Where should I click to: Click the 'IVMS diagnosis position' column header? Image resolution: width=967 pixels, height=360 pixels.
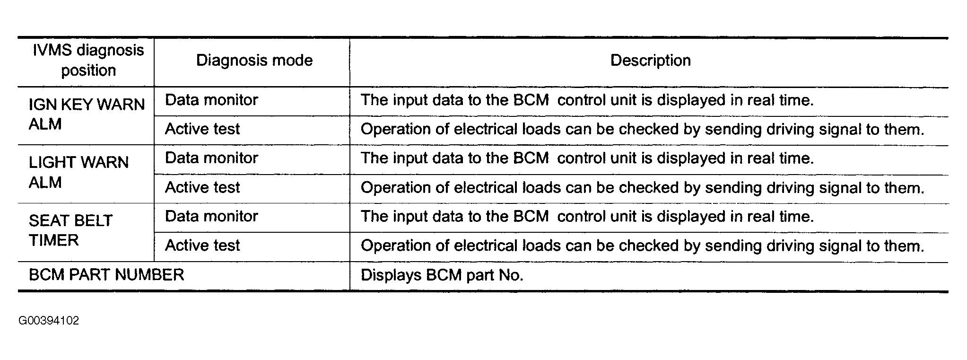pyautogui.click(x=88, y=60)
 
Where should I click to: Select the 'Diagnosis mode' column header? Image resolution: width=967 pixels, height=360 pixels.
pyautogui.click(x=254, y=61)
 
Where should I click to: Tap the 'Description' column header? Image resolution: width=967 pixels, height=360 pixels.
pyautogui.click(x=651, y=61)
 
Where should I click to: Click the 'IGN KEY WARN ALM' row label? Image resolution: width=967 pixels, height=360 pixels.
pyautogui.click(x=87, y=114)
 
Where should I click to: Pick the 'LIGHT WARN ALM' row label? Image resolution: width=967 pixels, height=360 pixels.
pyautogui.click(x=78, y=172)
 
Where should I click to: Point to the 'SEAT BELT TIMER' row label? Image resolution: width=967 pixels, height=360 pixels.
pyautogui.click(x=70, y=230)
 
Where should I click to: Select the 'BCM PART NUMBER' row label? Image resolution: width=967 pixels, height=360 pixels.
pyautogui.click(x=106, y=275)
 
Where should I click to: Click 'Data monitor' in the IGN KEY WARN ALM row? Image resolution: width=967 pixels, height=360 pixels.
pyautogui.click(x=211, y=100)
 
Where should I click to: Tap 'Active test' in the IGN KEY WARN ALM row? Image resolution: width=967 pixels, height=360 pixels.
pyautogui.click(x=202, y=129)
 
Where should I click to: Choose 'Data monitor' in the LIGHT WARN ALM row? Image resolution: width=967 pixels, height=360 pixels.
pyautogui.click(x=211, y=158)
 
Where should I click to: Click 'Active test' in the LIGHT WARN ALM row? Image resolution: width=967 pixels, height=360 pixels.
pyautogui.click(x=202, y=187)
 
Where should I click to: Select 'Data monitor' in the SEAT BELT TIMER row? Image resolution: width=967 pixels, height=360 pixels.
pyautogui.click(x=211, y=216)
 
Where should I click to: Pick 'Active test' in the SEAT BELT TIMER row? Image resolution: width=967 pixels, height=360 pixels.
pyautogui.click(x=202, y=246)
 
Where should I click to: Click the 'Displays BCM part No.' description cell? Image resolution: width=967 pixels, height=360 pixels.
pyautogui.click(x=442, y=275)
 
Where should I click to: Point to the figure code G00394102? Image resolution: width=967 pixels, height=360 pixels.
pyautogui.click(x=49, y=321)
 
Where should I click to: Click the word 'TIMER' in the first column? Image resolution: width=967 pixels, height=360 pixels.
pyautogui.click(x=53, y=240)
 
